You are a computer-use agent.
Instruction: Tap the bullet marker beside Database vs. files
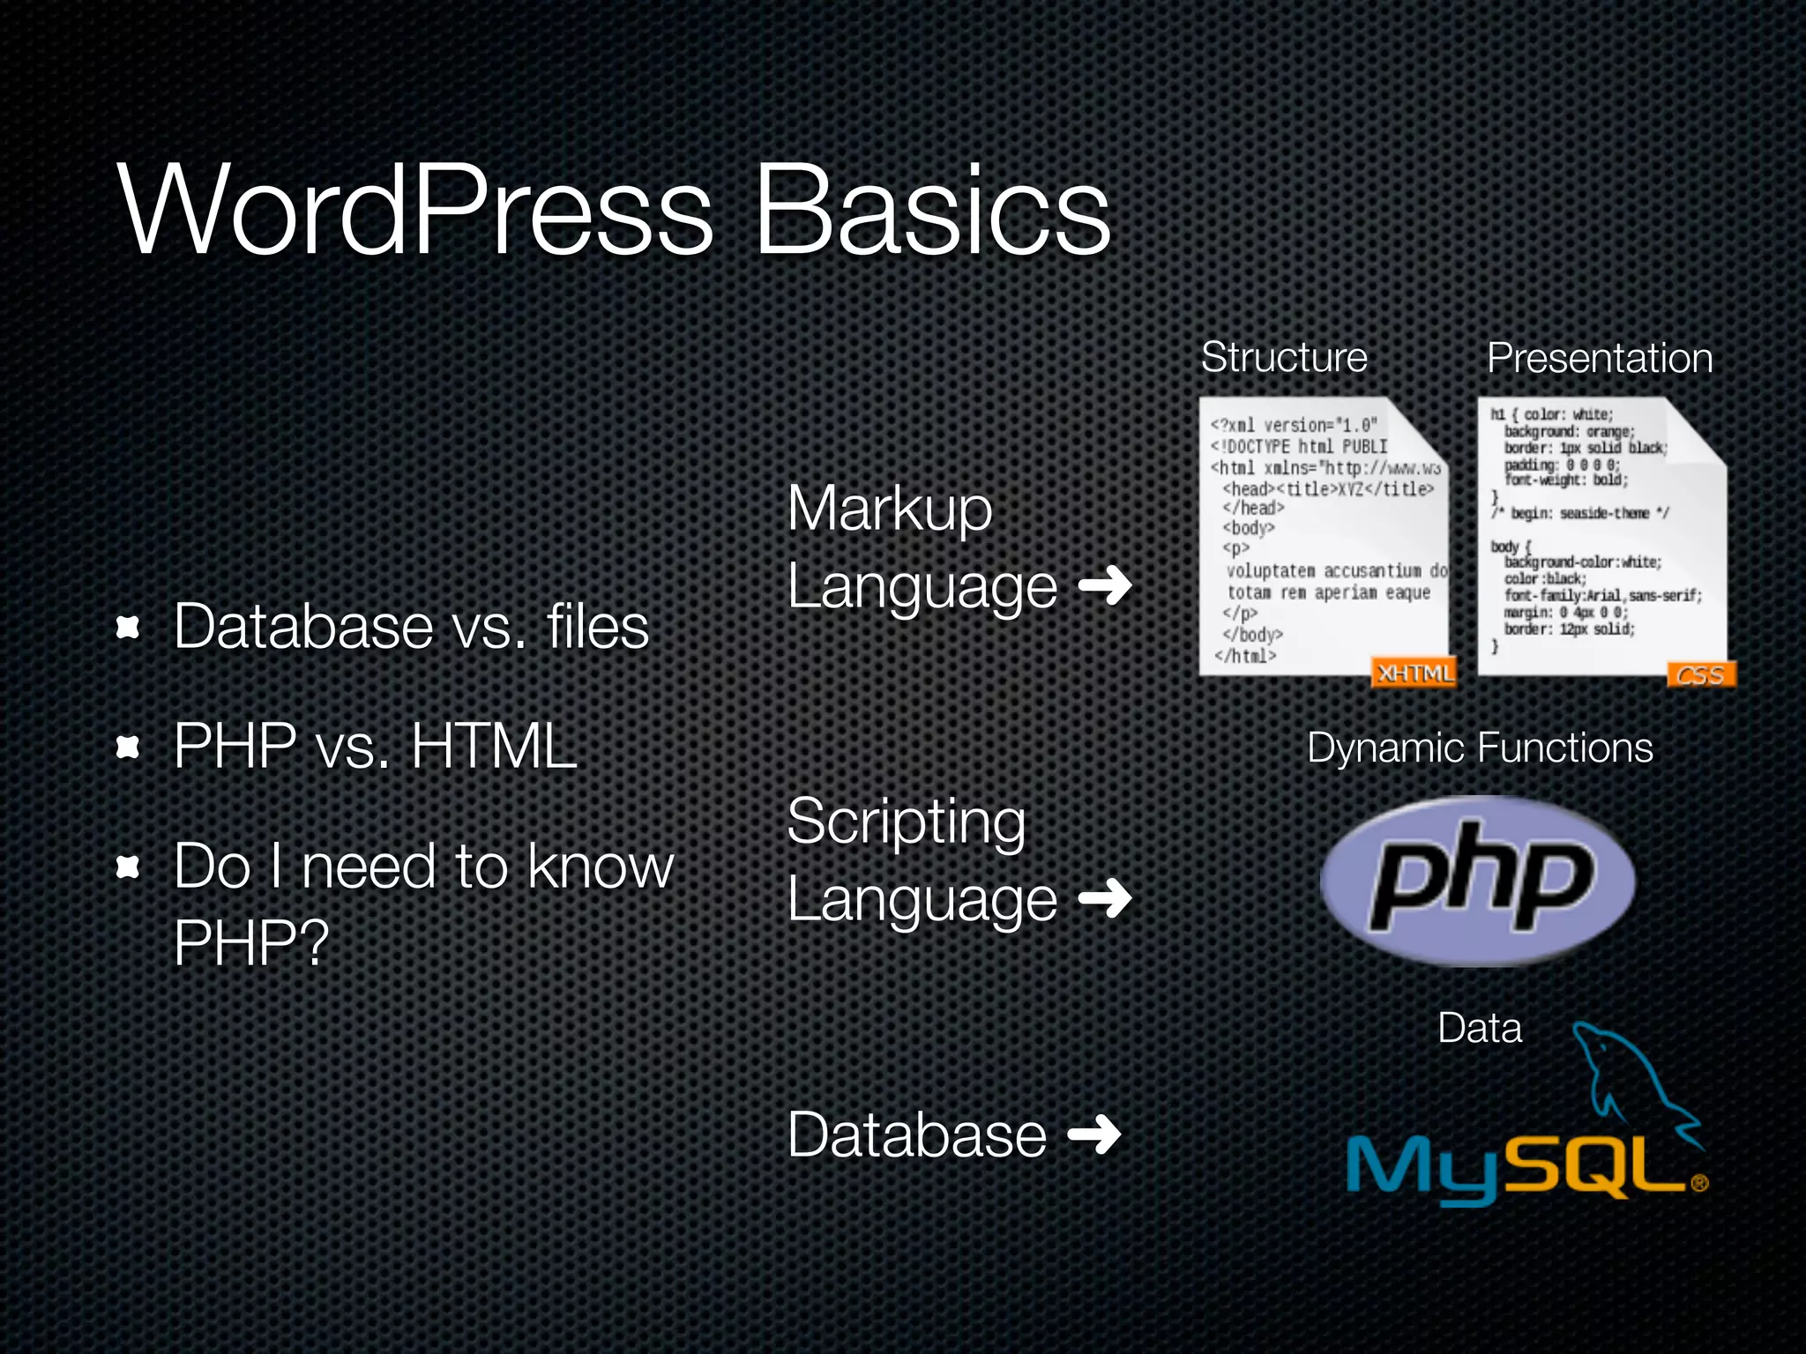click(x=129, y=627)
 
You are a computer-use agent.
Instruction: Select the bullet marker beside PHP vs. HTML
click(x=129, y=748)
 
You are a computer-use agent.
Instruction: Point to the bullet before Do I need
click(x=129, y=867)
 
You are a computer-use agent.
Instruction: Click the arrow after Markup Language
click(x=1105, y=585)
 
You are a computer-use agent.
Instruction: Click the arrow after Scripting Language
click(x=1105, y=898)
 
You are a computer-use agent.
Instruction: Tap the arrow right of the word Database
click(x=1094, y=1135)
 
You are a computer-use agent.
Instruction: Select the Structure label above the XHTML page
click(x=1284, y=357)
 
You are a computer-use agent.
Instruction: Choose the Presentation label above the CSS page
click(x=1600, y=358)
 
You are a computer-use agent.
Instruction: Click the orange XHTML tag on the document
click(x=1414, y=673)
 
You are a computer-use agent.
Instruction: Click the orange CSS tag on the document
click(x=1700, y=675)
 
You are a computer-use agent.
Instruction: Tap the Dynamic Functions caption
click(x=1480, y=748)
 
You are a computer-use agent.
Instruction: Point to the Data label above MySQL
click(x=1480, y=1028)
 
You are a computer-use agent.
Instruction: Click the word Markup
click(x=890, y=509)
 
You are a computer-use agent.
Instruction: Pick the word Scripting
click(x=907, y=822)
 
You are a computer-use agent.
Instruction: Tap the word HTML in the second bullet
click(x=494, y=746)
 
